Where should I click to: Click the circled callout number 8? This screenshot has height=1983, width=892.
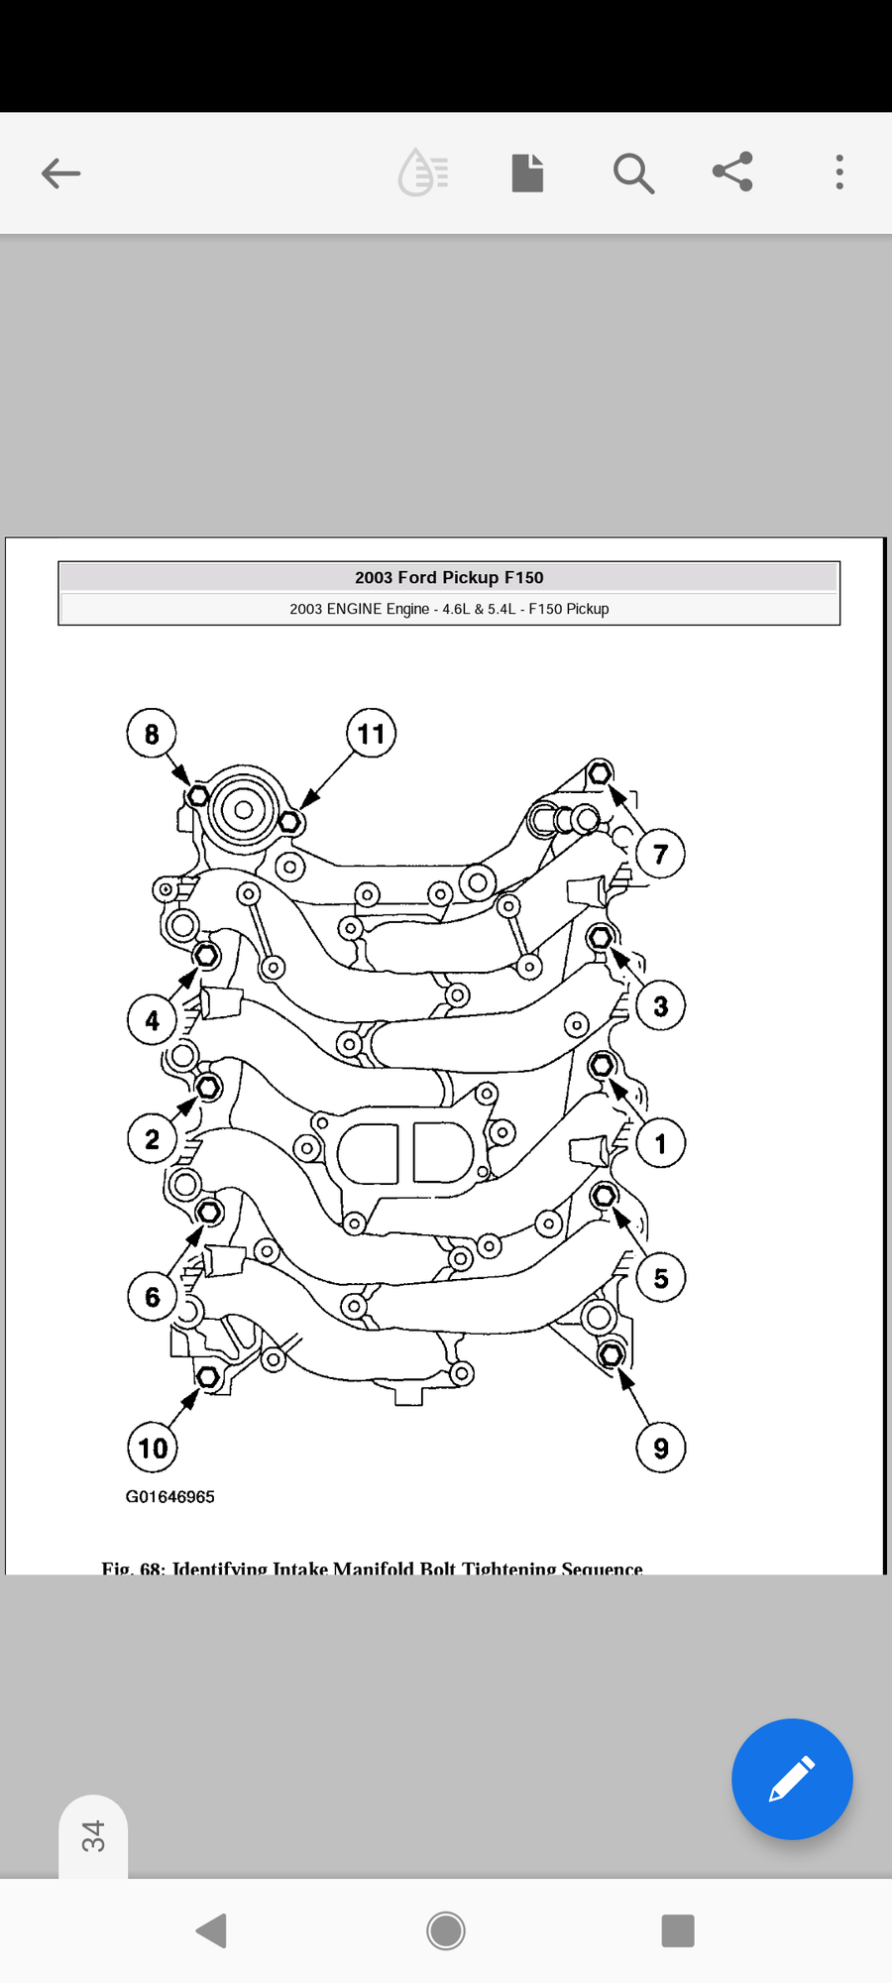click(152, 734)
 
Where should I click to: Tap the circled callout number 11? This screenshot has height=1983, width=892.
click(372, 734)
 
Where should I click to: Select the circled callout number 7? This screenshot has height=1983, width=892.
click(660, 854)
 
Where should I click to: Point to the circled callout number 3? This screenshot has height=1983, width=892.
click(660, 1006)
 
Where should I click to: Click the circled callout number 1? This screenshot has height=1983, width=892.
click(660, 1144)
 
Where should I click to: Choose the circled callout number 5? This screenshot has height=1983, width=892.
click(660, 1278)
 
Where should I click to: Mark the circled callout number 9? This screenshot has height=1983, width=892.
click(660, 1449)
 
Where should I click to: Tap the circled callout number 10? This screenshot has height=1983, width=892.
click(153, 1449)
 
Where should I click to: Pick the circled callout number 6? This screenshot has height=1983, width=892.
click(153, 1297)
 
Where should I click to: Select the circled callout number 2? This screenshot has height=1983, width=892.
click(152, 1139)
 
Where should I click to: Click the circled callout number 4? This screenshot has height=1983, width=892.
click(152, 1020)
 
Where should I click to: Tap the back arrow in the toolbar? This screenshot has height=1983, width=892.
click(60, 174)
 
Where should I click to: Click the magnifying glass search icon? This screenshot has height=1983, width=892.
click(632, 174)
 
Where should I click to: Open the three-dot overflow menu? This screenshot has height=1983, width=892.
click(839, 173)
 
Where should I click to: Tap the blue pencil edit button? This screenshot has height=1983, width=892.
click(792, 1779)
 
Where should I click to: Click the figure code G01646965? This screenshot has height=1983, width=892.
click(169, 1497)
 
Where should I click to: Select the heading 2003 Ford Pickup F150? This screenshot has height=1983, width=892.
click(449, 577)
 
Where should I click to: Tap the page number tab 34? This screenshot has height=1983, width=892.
click(93, 1836)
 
